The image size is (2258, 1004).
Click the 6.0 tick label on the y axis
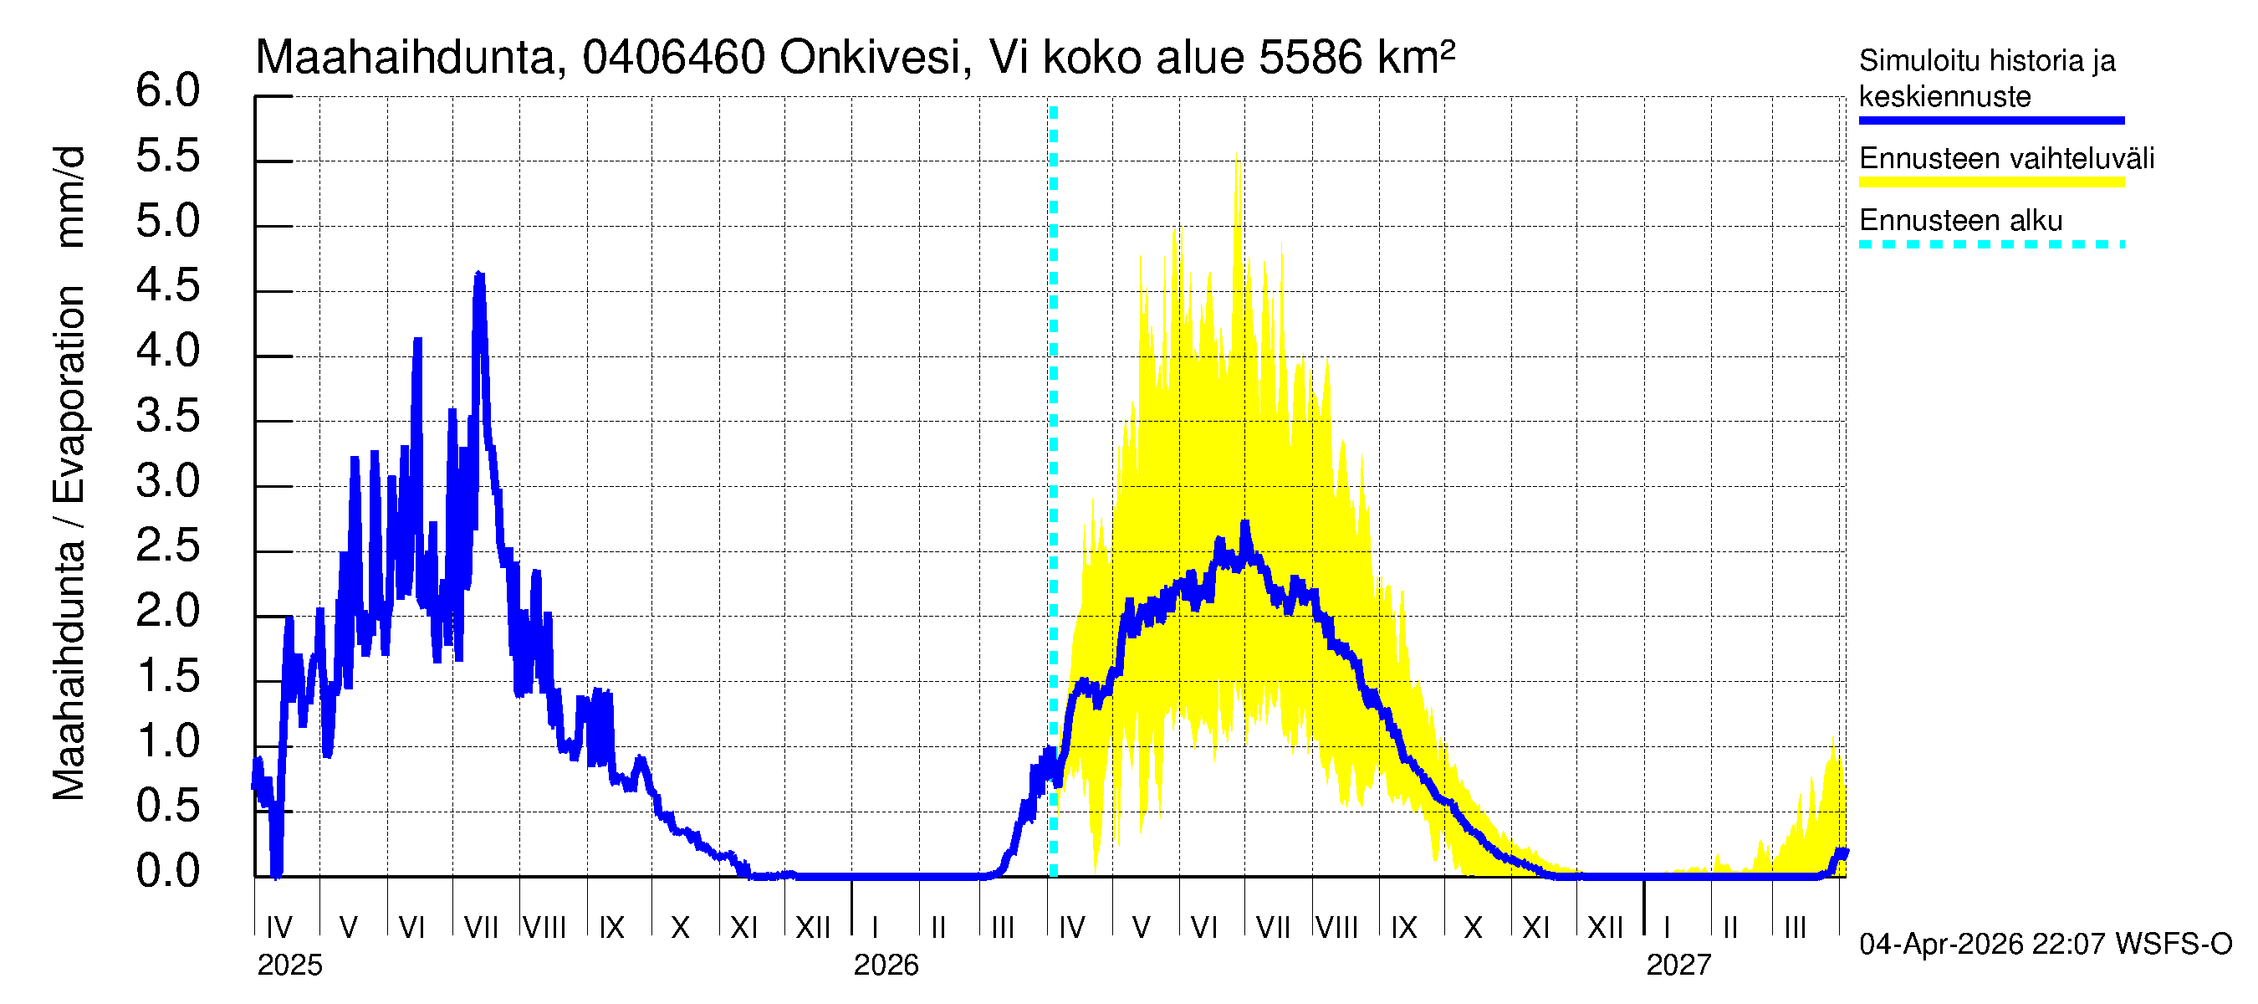(167, 91)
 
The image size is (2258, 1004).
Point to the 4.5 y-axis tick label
(167, 287)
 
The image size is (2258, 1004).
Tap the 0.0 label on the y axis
(167, 872)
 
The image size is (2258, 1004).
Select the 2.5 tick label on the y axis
(167, 546)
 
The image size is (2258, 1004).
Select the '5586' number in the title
(1310, 59)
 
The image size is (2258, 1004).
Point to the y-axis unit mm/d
(69, 197)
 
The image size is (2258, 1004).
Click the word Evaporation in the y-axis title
(69, 395)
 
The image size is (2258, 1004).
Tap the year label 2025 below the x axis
(289, 966)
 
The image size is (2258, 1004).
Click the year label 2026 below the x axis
(886, 966)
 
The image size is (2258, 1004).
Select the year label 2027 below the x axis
(1678, 966)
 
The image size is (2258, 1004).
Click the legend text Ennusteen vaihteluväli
(2005, 159)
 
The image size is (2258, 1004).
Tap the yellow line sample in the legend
(1990, 182)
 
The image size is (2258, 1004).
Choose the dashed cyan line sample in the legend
(1990, 244)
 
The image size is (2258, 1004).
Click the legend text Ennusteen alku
(1960, 221)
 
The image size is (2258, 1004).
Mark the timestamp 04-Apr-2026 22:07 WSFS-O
(2045, 945)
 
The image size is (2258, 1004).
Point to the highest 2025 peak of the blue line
(478, 274)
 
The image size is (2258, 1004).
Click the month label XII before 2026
(813, 928)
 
